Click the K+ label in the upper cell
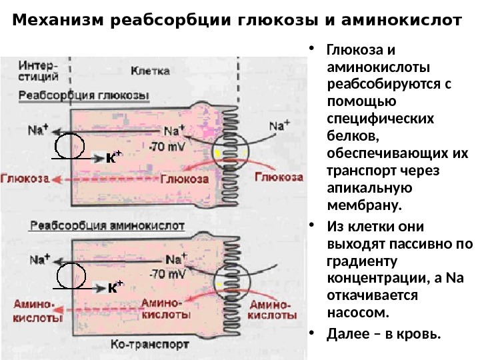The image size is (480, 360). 115,159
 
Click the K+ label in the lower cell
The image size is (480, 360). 115,287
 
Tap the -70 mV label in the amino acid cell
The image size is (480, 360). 168,273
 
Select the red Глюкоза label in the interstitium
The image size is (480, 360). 26,179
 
